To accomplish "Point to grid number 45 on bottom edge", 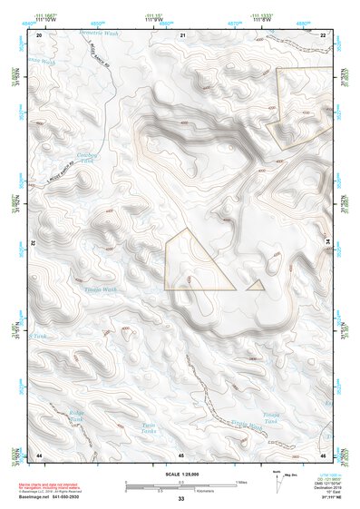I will [181, 455].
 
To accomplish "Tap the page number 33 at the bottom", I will [181, 499].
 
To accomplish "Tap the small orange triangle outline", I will [257, 285].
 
